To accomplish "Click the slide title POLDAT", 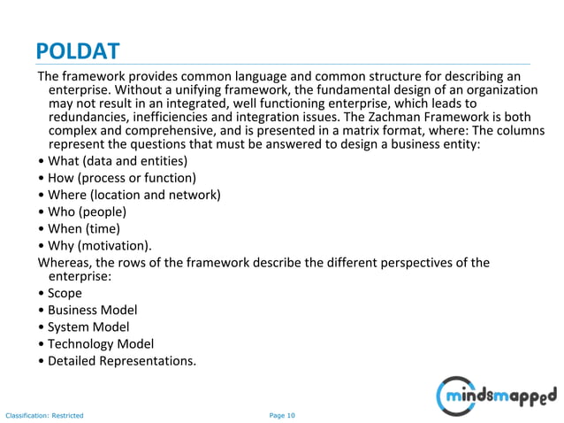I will click(78, 49).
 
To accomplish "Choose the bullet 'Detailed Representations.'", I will click(121, 360).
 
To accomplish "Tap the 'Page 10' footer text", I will click(282, 414).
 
